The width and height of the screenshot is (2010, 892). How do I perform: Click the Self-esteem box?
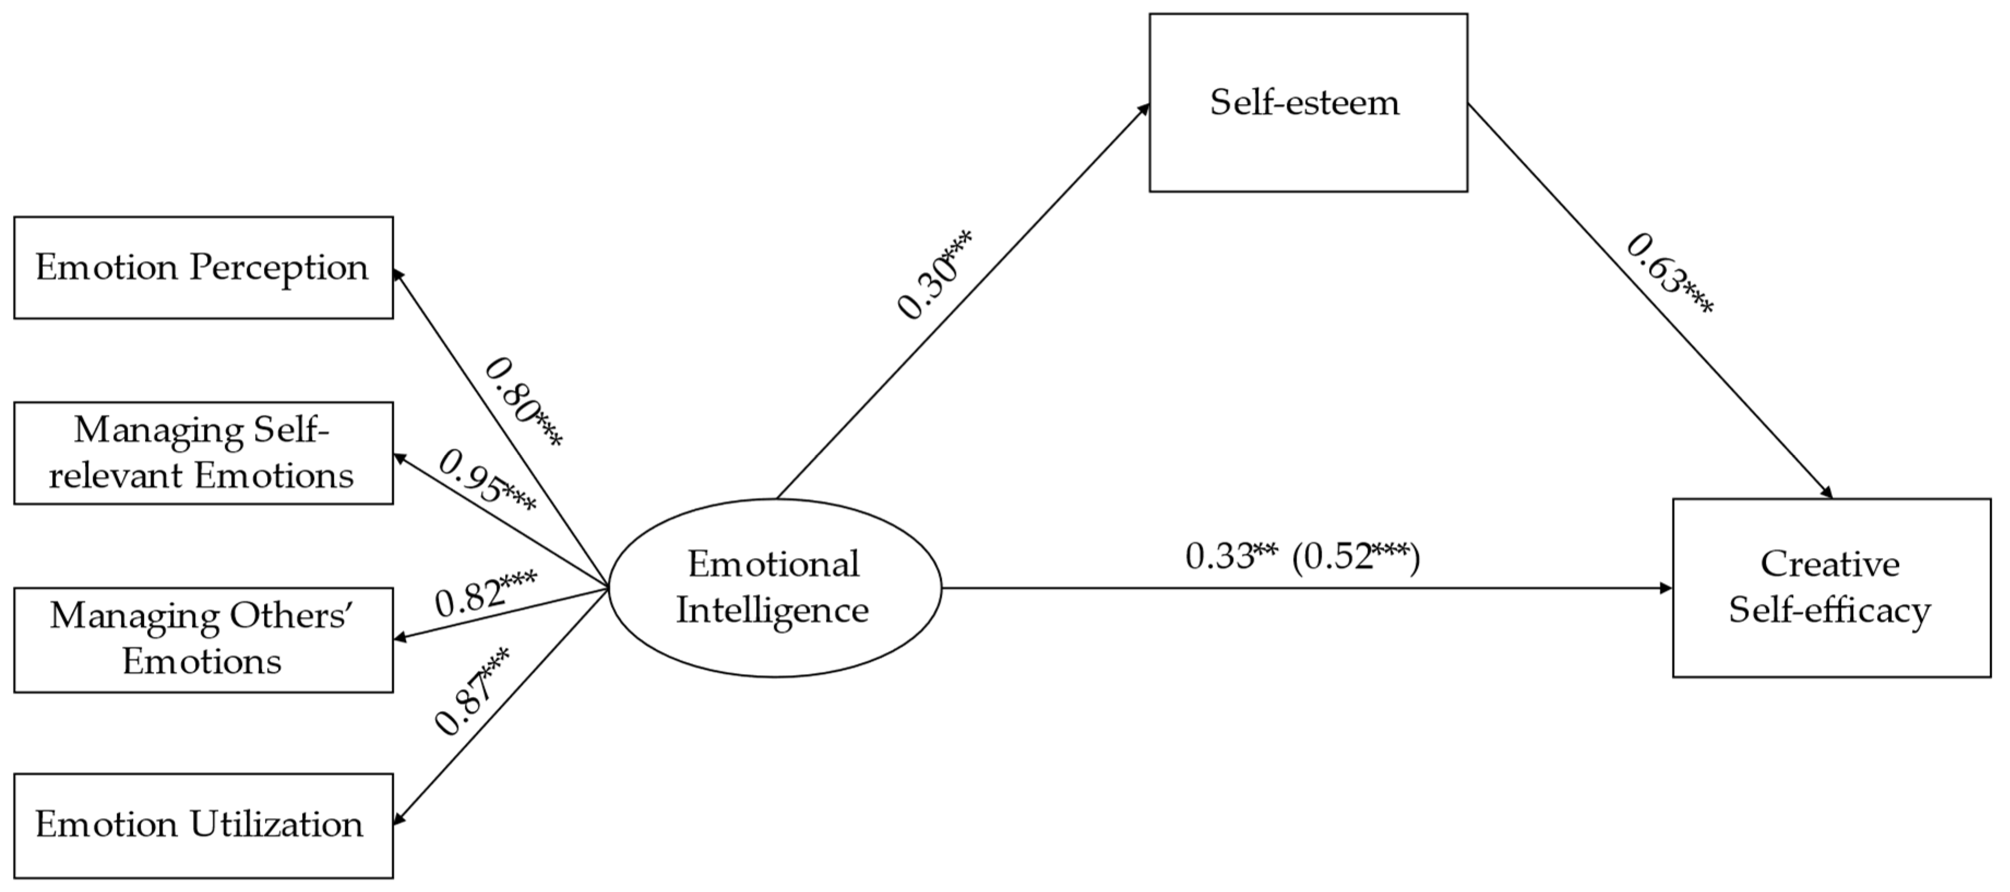[1308, 102]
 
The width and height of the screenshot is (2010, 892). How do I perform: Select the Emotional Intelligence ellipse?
[774, 587]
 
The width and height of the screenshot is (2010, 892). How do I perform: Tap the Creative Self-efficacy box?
[1830, 587]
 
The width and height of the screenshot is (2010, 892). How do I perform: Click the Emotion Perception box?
[203, 267]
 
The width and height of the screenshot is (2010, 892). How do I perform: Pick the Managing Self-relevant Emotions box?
[203, 453]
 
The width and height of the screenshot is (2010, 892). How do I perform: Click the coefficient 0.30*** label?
[935, 274]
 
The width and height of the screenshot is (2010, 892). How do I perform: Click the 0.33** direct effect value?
[1231, 556]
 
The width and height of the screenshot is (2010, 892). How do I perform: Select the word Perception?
[279, 267]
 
